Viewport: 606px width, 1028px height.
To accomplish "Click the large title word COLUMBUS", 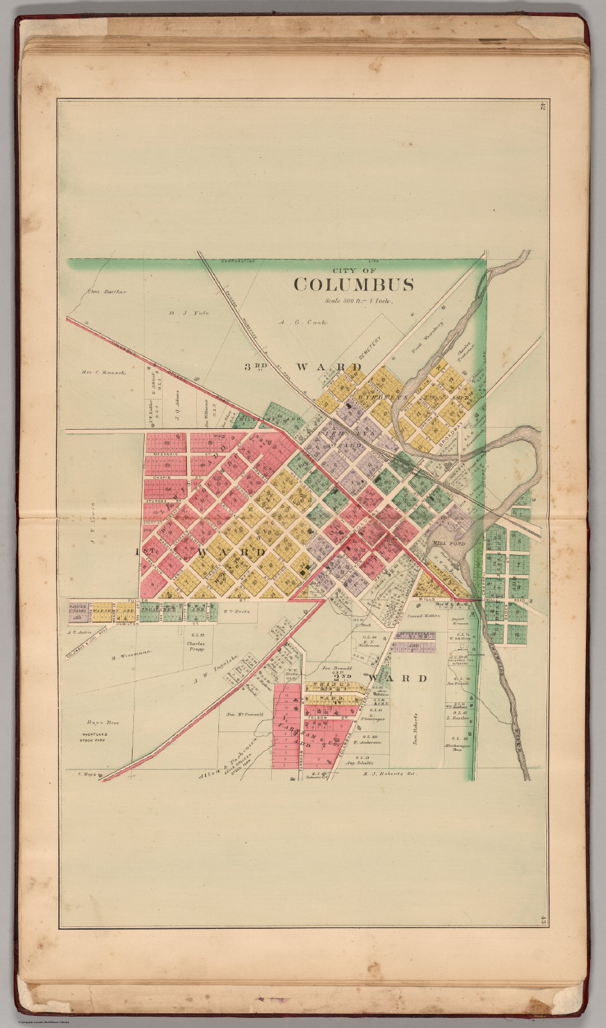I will click(x=353, y=284).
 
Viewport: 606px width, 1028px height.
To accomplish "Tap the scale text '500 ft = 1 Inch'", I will click(x=358, y=301).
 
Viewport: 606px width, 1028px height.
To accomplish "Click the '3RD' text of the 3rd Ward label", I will click(x=255, y=367).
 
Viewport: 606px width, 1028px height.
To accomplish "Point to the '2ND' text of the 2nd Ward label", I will click(x=346, y=678).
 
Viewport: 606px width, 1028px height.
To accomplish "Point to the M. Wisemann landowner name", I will click(x=130, y=655).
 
